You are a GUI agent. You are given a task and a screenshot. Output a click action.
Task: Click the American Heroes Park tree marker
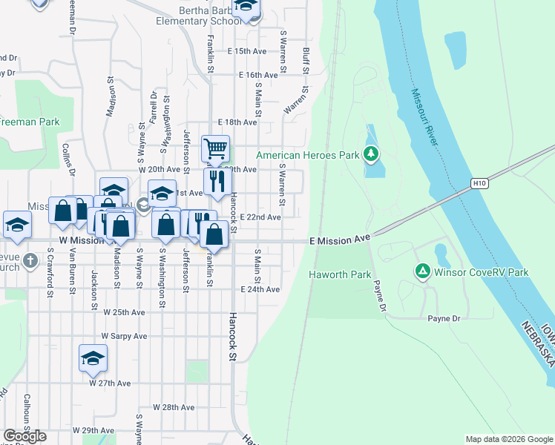(x=372, y=155)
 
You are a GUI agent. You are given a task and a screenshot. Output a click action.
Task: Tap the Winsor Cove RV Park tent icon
(x=422, y=272)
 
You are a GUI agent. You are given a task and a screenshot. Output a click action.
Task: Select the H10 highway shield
(x=479, y=182)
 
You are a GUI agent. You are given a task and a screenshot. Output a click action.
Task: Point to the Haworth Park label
(x=339, y=274)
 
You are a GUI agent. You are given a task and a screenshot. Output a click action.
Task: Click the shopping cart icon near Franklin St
(x=215, y=149)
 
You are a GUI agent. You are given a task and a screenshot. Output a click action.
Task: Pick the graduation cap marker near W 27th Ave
(x=93, y=357)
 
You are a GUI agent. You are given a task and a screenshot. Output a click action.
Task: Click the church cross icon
(x=30, y=260)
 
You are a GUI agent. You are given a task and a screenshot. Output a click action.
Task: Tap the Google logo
(x=24, y=436)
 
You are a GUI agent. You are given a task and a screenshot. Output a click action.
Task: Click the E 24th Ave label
(x=260, y=289)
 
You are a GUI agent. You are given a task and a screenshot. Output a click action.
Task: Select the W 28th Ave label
(x=174, y=407)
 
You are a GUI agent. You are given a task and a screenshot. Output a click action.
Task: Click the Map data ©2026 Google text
(x=509, y=439)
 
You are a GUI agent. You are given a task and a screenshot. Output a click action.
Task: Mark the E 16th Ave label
(x=258, y=75)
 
